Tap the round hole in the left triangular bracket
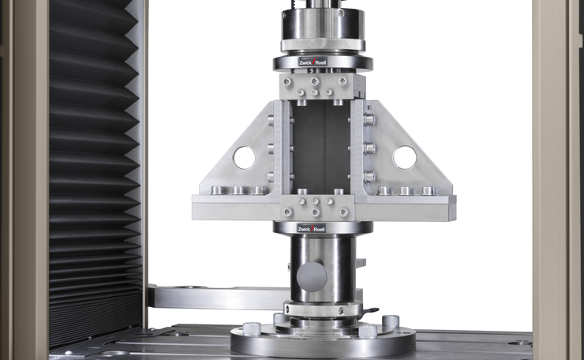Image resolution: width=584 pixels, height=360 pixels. coord(244,158)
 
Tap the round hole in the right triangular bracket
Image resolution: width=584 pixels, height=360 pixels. coord(404,158)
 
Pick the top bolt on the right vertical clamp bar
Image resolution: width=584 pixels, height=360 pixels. coord(369,120)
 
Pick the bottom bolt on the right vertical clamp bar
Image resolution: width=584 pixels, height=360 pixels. coord(369,176)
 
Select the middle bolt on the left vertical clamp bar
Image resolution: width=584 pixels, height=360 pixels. coord(271,148)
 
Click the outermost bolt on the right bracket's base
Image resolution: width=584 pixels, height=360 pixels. coord(428,190)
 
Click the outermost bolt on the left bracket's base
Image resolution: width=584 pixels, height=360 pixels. coord(217,190)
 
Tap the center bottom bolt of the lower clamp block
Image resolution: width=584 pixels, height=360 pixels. coord(315,212)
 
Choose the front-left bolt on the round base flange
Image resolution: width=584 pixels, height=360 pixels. coord(252,328)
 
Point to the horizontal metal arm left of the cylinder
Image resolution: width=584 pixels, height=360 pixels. coord(213,298)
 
